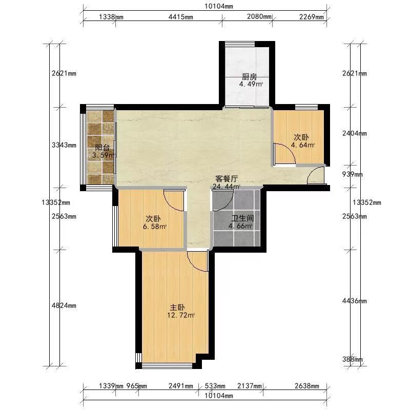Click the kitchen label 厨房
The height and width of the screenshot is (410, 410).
point(249,77)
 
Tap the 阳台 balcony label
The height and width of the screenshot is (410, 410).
point(102,148)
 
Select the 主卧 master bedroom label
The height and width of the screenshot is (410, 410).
point(177,307)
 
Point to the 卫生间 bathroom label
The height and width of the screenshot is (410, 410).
point(242,218)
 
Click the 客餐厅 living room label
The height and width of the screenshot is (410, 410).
point(227,179)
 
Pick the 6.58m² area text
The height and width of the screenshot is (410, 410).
point(155,227)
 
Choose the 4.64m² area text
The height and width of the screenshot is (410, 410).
point(303,145)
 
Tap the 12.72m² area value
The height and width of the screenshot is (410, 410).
point(181,315)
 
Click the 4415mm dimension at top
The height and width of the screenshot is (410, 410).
point(181,17)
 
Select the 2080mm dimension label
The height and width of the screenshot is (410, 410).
point(259,16)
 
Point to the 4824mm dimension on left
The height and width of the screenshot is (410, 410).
point(64,305)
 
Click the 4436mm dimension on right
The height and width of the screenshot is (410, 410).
point(355,301)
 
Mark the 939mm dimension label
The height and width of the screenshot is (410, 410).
point(353,174)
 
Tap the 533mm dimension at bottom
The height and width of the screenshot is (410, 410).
point(215,386)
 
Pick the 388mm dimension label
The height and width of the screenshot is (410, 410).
point(353,360)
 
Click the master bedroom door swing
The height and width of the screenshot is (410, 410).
point(198,261)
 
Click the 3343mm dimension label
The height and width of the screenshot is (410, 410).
point(64,145)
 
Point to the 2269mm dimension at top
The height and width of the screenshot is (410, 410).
point(312,17)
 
